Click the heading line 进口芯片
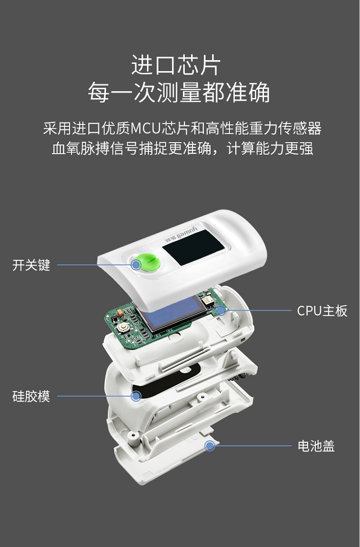coord(176,65)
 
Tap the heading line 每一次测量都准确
coord(179,92)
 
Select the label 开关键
coord(31,265)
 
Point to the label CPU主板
coord(322,310)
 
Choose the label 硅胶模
coord(31,396)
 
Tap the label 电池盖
coord(316,446)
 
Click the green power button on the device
coord(147,263)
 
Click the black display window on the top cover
coord(193,247)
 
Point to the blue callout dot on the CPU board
coord(221,310)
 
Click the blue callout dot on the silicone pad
coord(136,396)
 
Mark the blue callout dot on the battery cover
coord(210,446)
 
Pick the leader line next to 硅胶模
coord(95,396)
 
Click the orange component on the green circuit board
coord(120,314)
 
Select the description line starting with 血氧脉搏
coord(182,148)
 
